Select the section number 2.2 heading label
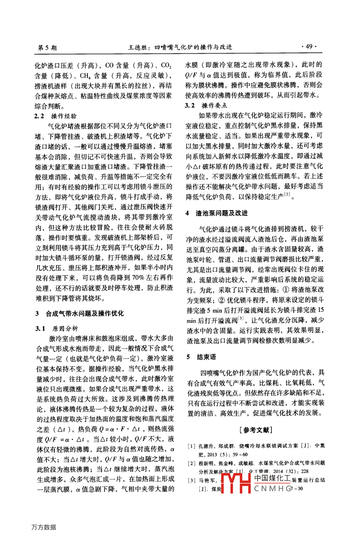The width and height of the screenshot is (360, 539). (39, 116)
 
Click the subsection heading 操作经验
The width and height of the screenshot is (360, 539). (64, 116)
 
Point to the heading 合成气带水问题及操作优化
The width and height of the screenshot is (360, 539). (85, 313)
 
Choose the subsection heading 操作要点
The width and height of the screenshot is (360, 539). (214, 105)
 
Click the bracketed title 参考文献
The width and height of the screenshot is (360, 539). (256, 430)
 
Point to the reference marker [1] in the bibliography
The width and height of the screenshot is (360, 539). (191, 446)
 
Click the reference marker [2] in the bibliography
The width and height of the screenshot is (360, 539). (191, 463)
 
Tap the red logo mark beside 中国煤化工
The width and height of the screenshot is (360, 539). (236, 483)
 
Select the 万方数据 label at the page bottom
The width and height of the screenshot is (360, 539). (44, 527)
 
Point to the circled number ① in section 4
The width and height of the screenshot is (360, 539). (286, 290)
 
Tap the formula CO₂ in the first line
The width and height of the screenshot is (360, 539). (166, 65)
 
